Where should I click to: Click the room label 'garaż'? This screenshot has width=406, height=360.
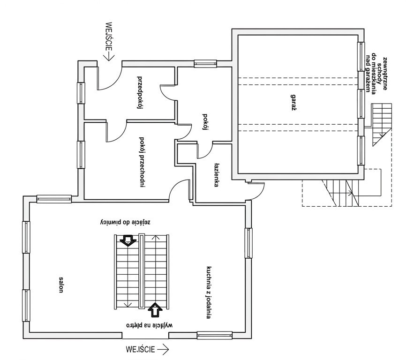click(293, 103)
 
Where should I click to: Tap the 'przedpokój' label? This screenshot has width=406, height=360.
click(140, 93)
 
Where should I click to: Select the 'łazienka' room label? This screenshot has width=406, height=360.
click(217, 175)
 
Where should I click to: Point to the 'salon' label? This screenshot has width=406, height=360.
click(61, 285)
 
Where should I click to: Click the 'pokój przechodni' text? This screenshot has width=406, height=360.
click(142, 162)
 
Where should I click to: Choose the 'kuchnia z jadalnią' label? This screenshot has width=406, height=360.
click(209, 292)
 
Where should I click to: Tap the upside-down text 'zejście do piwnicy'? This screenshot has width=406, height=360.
click(125, 222)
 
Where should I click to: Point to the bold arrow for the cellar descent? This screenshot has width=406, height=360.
click(128, 240)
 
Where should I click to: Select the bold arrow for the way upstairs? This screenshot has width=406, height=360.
click(155, 310)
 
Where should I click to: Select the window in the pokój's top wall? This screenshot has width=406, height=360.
click(205, 64)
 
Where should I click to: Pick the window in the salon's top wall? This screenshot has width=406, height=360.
click(54, 199)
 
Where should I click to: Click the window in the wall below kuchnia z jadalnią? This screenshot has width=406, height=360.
click(215, 336)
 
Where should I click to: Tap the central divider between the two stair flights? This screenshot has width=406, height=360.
click(142, 271)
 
